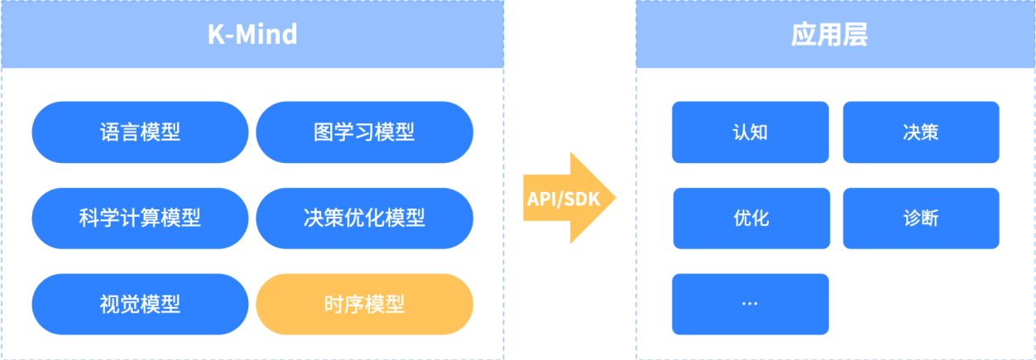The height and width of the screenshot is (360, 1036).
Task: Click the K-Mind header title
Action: click(252, 35)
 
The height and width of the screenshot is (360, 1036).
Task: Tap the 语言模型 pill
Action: click(140, 132)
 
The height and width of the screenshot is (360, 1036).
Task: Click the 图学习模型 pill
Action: click(364, 132)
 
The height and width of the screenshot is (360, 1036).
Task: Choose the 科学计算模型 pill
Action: click(140, 218)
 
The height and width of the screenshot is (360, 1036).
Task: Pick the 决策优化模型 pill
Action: click(364, 218)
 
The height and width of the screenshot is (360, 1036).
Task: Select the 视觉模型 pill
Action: click(140, 304)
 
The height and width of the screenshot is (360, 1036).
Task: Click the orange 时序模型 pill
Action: click(364, 304)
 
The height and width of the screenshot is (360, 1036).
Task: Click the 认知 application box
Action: click(750, 132)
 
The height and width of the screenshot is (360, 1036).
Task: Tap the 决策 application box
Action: click(921, 132)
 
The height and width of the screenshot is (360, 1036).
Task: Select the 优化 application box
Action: click(751, 218)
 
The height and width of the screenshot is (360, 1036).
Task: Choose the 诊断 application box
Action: click(921, 218)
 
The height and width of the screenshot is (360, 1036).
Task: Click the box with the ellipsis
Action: click(750, 304)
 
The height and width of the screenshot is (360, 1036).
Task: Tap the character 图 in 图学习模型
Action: click(324, 132)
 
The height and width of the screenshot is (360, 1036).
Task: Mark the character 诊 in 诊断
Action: click(912, 218)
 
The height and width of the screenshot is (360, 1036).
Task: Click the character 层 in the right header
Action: click(855, 35)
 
